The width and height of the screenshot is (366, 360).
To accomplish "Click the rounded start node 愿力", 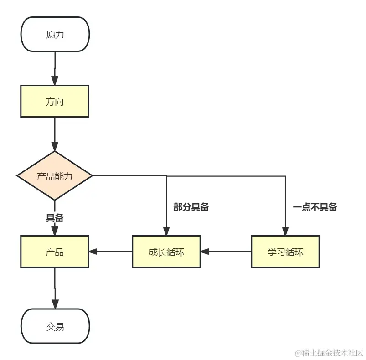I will pyautogui.click(x=55, y=35).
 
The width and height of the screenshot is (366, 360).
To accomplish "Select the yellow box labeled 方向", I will pyautogui.click(x=55, y=101).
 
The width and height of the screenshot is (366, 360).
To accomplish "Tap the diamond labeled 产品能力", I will pyautogui.click(x=55, y=176).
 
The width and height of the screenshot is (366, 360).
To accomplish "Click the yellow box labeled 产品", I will pyautogui.click(x=55, y=252).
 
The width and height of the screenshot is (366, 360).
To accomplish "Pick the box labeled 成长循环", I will pyautogui.click(x=166, y=252).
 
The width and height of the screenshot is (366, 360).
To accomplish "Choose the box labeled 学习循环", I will pyautogui.click(x=285, y=252).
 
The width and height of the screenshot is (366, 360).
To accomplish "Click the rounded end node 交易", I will pyautogui.click(x=55, y=326).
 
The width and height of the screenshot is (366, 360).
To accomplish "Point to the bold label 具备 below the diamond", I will pyautogui.click(x=55, y=218).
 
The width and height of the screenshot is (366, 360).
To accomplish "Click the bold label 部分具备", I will pyautogui.click(x=191, y=207).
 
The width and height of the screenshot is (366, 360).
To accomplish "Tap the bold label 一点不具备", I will pyautogui.click(x=315, y=207).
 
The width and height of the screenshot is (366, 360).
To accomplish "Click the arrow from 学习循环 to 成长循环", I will pyautogui.click(x=226, y=251).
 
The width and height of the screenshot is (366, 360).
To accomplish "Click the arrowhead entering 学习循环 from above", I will pyautogui.click(x=285, y=231).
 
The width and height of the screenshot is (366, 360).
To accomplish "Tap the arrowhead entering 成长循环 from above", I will pyautogui.click(x=166, y=231).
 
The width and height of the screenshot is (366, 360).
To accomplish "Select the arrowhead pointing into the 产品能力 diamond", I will pyautogui.click(x=55, y=147).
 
